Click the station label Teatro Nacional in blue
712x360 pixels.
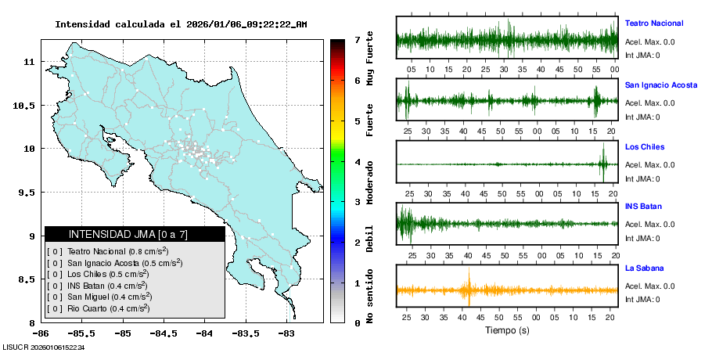(653, 23)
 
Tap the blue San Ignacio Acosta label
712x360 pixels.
(661, 85)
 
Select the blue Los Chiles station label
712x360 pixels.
(645, 146)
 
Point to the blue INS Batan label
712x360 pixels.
(643, 207)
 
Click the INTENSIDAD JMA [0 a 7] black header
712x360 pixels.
(135, 234)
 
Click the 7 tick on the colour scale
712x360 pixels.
(356, 39)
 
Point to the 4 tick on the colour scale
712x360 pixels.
(356, 161)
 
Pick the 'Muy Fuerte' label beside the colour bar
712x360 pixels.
(370, 58)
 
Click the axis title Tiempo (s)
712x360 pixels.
(507, 330)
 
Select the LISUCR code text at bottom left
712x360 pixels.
(43, 347)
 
